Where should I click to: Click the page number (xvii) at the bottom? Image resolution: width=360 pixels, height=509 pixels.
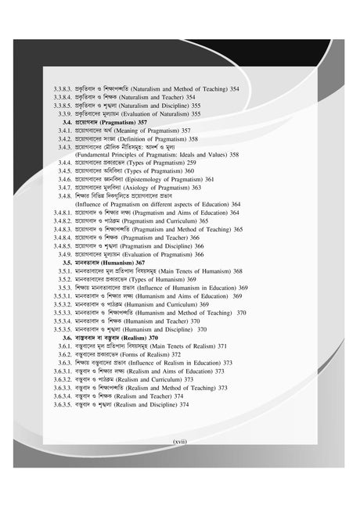click(x=180, y=442)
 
